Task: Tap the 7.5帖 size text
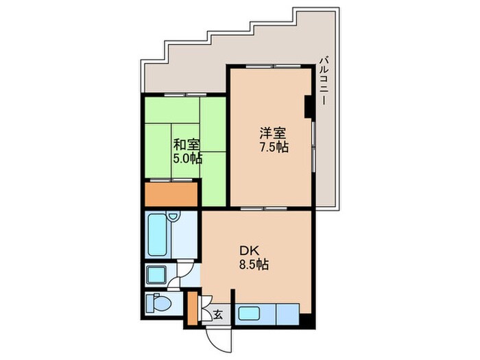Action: tap(274, 147)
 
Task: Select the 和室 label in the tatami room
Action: tap(186, 144)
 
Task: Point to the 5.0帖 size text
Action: tap(187, 158)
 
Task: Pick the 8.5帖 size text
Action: tap(253, 265)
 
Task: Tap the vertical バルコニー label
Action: tap(322, 82)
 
